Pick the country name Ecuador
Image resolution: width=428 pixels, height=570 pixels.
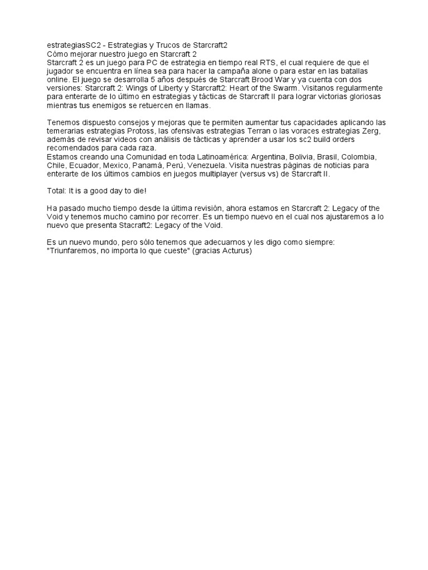[84, 165]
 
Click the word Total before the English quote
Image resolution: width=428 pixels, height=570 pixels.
[56, 191]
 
